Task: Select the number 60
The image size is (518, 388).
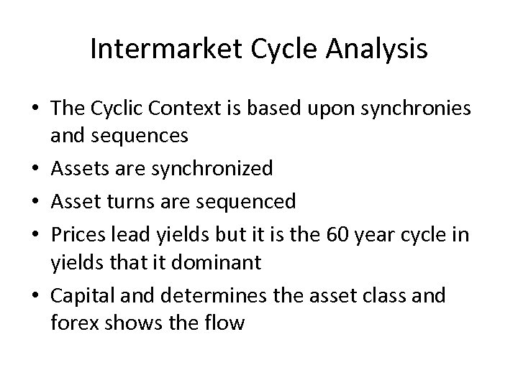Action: [x=335, y=235]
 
